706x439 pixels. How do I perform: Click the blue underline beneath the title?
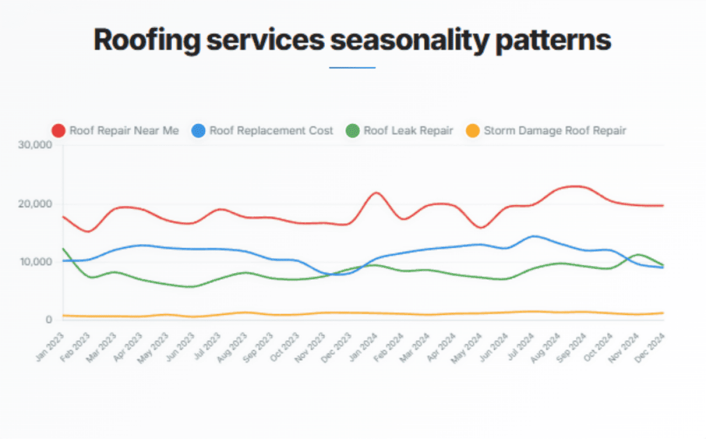coord(352,68)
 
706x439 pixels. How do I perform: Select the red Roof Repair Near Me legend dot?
coord(58,131)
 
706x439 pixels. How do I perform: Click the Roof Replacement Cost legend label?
coord(271,131)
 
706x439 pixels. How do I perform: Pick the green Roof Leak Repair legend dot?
coord(352,131)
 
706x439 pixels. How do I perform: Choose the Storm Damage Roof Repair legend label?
coord(555,131)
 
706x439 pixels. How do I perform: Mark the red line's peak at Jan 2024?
coord(376,192)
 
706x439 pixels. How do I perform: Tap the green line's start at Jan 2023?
coord(63,249)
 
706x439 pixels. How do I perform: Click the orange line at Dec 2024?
coord(663,313)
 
